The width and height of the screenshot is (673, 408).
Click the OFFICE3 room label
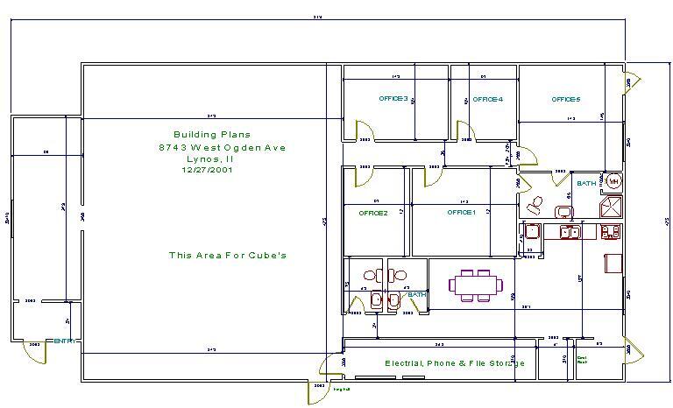(x=393, y=99)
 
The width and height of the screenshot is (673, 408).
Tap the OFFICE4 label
(x=487, y=99)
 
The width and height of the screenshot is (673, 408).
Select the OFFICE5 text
(x=565, y=99)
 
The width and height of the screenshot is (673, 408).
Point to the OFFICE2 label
(x=372, y=213)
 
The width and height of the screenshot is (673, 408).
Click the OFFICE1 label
(x=461, y=213)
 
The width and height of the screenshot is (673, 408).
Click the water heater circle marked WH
(x=614, y=181)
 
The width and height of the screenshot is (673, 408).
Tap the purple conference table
(x=476, y=285)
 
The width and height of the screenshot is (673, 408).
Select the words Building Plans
(x=211, y=135)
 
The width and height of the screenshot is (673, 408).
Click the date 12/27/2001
(x=208, y=170)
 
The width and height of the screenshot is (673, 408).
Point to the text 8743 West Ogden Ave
(x=222, y=148)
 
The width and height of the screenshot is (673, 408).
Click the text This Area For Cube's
(x=228, y=256)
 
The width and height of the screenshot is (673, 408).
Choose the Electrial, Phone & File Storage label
(x=455, y=363)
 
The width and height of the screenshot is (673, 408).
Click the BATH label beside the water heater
(x=586, y=184)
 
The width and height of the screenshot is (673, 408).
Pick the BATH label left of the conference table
(x=416, y=295)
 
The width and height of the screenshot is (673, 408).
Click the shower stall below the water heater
(x=610, y=207)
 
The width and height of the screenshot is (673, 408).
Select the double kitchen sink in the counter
(x=570, y=232)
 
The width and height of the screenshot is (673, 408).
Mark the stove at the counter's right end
(x=611, y=231)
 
